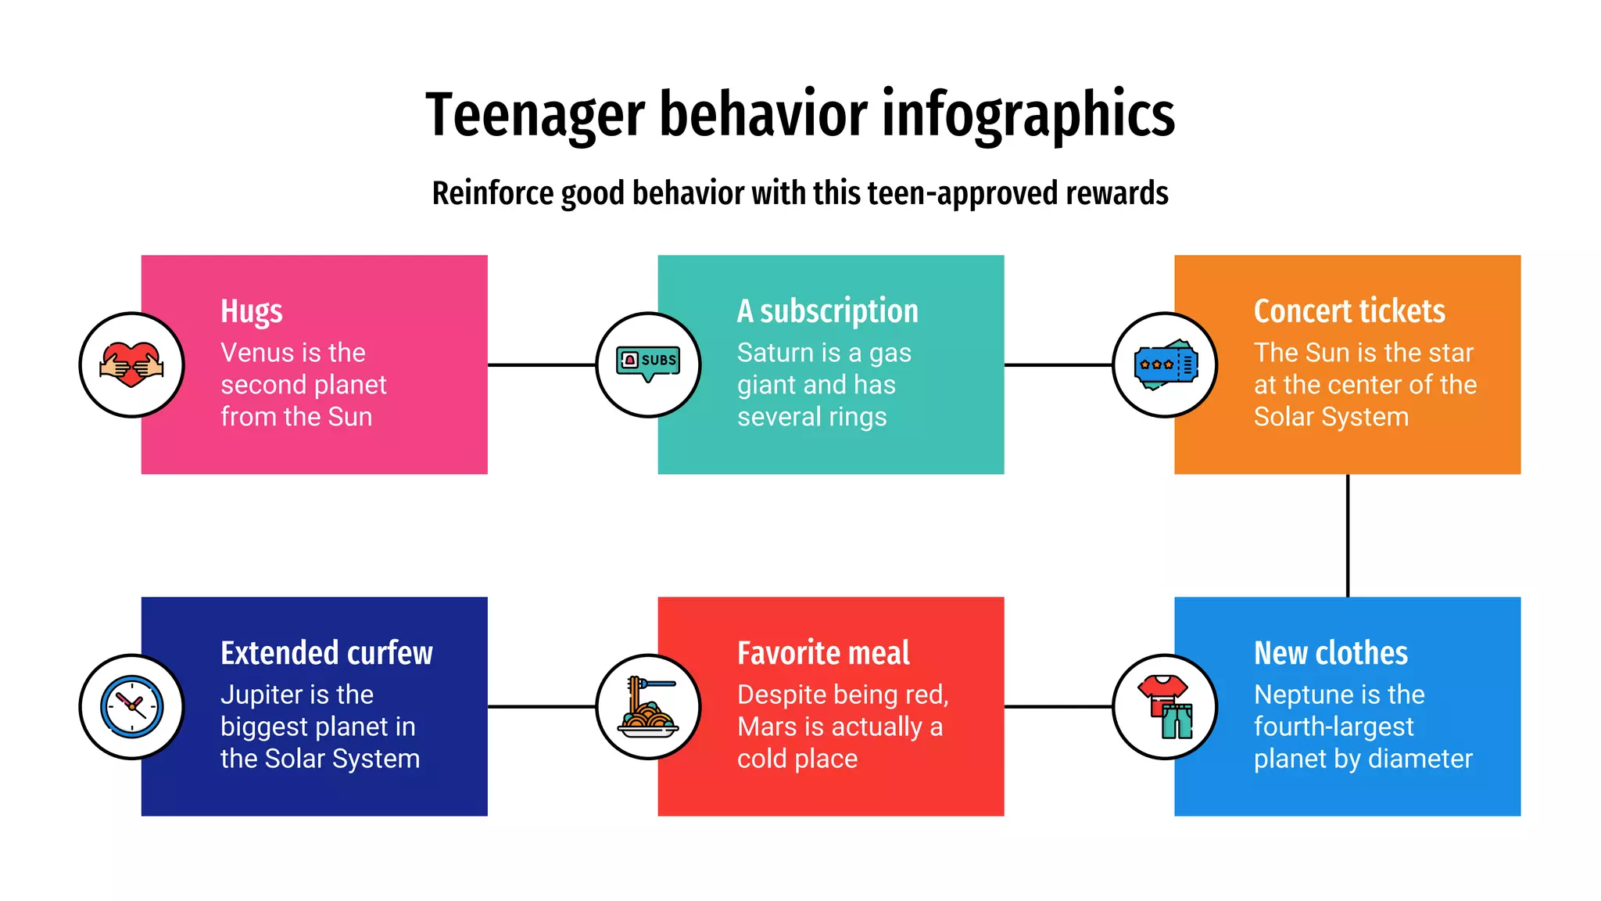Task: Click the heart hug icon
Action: [x=131, y=364]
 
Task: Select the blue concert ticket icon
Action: [x=1165, y=364]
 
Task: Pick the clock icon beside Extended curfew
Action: [x=131, y=706]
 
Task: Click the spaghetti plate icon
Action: [x=648, y=707]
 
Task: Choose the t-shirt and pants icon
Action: [x=1165, y=707]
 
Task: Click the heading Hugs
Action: [x=251, y=311]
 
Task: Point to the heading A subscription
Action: [x=827, y=311]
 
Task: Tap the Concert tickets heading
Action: [x=1349, y=311]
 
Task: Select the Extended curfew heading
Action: [x=326, y=653]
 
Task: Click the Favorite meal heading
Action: [x=823, y=653]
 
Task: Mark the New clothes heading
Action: [x=1331, y=653]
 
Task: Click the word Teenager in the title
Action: [x=535, y=114]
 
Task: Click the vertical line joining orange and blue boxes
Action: [x=1348, y=535]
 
